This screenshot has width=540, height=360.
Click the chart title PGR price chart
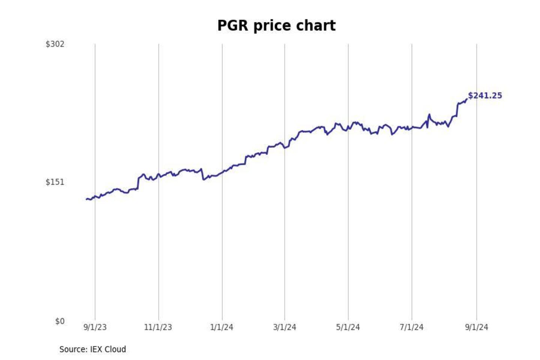click(x=276, y=25)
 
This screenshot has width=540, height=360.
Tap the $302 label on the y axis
click(x=55, y=44)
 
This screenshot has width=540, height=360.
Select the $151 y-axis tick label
click(x=55, y=182)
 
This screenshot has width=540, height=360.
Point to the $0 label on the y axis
click(x=60, y=321)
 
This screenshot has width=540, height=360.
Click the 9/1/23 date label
click(x=95, y=327)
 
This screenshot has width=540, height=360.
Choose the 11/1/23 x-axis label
click(x=158, y=327)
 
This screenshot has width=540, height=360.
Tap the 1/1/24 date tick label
click(x=222, y=327)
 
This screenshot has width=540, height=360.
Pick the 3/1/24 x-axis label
click(x=285, y=327)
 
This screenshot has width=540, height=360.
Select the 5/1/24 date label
click(x=348, y=327)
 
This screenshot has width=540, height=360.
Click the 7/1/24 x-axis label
click(x=411, y=327)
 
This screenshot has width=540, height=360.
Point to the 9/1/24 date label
click(x=477, y=327)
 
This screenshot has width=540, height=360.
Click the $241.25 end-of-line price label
click(x=485, y=96)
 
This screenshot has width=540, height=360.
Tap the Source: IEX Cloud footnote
click(x=93, y=349)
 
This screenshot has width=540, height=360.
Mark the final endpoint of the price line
click(x=466, y=99)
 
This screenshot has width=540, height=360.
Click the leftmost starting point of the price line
click(x=86, y=199)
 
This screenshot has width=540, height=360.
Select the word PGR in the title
click(x=232, y=25)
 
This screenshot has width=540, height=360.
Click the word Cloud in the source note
click(x=115, y=349)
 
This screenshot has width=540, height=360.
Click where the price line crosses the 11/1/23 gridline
click(x=159, y=174)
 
